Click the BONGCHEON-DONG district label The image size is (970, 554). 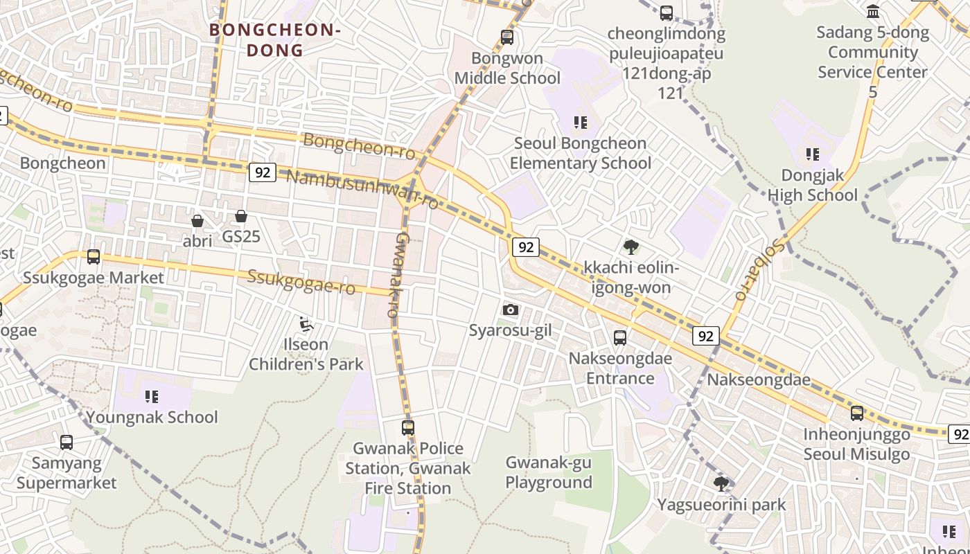[275, 40]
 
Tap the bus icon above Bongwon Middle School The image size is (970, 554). [507, 37]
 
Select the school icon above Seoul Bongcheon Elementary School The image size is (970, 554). [581, 123]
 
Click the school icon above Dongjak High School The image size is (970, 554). [812, 154]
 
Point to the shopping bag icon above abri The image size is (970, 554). [197, 221]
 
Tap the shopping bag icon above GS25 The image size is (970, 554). [241, 216]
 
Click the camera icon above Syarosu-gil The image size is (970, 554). [511, 310]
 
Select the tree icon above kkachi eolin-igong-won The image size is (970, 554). [630, 247]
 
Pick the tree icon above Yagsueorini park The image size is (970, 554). [721, 483]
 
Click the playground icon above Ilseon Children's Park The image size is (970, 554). [306, 323]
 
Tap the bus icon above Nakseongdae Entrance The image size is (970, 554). [620, 338]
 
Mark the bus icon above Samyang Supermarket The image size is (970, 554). [67, 442]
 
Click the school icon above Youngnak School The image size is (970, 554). [152, 397]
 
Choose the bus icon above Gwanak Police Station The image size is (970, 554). [408, 428]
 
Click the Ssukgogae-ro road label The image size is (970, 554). [301, 281]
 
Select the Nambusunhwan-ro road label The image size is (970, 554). [362, 188]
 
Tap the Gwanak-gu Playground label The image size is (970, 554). [549, 472]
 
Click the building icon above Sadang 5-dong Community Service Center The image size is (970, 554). [873, 12]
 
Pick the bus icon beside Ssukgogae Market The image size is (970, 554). [94, 257]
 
